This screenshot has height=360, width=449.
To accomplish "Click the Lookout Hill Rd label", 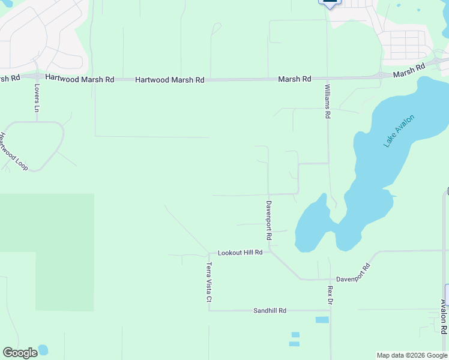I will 240,253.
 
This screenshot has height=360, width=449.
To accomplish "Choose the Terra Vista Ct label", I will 209,282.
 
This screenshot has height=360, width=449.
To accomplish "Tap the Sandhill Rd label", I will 270,311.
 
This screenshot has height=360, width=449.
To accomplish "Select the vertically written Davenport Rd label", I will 269,221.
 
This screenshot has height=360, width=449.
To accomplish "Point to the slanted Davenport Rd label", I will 353,275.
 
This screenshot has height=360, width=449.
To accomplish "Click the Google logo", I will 20,353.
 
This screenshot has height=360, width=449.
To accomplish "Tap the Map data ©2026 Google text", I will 412,355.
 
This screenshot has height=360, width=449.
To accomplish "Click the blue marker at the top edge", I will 330,3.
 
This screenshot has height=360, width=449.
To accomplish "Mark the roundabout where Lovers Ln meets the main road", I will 37,77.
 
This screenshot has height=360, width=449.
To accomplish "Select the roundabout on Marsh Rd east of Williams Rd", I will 381,76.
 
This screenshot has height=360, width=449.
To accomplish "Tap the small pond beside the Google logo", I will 43,349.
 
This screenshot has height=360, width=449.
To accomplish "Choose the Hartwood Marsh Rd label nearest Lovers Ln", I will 79,79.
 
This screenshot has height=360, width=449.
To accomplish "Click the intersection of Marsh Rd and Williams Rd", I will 327,79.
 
